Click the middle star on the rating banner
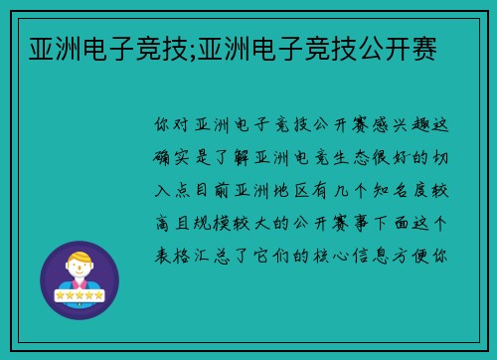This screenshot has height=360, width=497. (79, 294)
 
